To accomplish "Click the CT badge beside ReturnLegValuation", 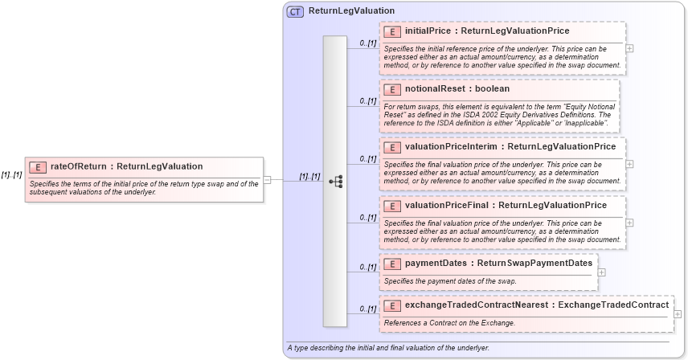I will pyautogui.click(x=295, y=11).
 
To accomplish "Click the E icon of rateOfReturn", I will pyautogui.click(x=38, y=167).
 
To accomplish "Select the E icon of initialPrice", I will pyautogui.click(x=393, y=31).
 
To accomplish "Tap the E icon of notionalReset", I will pyautogui.click(x=393, y=89).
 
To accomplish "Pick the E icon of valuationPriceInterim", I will pyautogui.click(x=393, y=147).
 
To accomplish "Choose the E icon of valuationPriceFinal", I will pyautogui.click(x=393, y=206).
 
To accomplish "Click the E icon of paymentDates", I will pyautogui.click(x=393, y=264).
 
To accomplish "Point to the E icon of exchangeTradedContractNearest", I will pyautogui.click(x=393, y=305).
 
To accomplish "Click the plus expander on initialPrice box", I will pyautogui.click(x=629, y=48).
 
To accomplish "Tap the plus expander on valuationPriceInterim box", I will pyautogui.click(x=629, y=164).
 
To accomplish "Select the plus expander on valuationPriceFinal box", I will pyautogui.click(x=629, y=223).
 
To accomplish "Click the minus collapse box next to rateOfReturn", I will pyautogui.click(x=267, y=180).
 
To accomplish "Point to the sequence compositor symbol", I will pyautogui.click(x=335, y=182).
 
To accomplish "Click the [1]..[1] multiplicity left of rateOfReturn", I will pyautogui.click(x=11, y=175).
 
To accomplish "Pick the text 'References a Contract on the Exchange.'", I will pyautogui.click(x=449, y=323).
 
